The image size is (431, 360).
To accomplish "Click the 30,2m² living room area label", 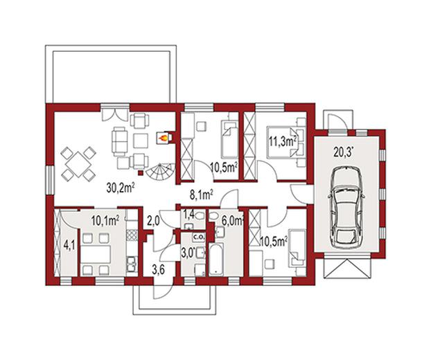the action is tap(121, 188).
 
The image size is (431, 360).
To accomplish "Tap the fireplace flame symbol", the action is tap(163, 138).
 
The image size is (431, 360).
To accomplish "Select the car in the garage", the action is tap(346, 207).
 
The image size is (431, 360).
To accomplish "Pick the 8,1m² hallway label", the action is tap(202, 195).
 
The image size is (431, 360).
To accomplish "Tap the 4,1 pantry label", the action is tap(69, 245).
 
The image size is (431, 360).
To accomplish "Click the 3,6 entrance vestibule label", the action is tap(158, 270).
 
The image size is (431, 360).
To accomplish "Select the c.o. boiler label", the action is tap(198, 237).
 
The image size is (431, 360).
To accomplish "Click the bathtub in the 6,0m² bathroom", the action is tap(217, 259).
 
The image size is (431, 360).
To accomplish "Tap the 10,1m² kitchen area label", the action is tap(105, 221).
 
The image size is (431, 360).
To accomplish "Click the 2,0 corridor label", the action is tap(153, 222).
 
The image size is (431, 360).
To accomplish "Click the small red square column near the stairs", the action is tap(141, 172).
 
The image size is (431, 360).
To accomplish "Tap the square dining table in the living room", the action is tap(78, 164).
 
